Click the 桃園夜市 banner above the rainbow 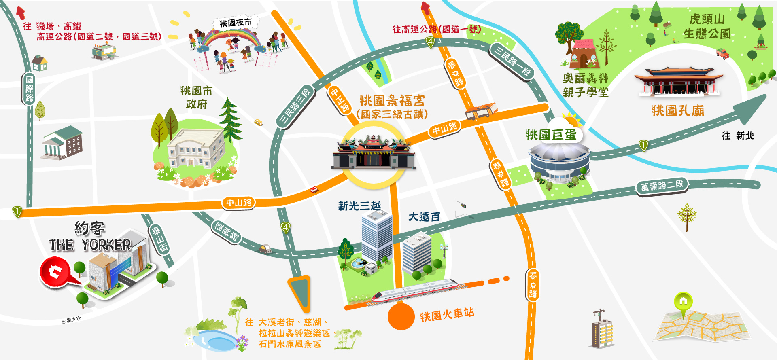pyautogui.click(x=236, y=22)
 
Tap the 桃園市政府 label pyautogui.click(x=196, y=97)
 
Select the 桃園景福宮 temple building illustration pyautogui.click(x=373, y=153)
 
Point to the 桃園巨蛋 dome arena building pyautogui.click(x=559, y=162)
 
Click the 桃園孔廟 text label pyautogui.click(x=678, y=110)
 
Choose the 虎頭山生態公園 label pyautogui.click(x=707, y=26)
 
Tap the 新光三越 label pyautogui.click(x=359, y=206)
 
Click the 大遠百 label pyautogui.click(x=424, y=217)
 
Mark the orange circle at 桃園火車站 pyautogui.click(x=401, y=316)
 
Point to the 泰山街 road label pyautogui.click(x=159, y=239)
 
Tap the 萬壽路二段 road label pyautogui.click(x=662, y=186)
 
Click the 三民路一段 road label pyautogui.click(x=512, y=61)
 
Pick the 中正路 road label pyautogui.click(x=340, y=100)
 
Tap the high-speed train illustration pyautogui.click(x=415, y=290)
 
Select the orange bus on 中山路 pyautogui.click(x=481, y=110)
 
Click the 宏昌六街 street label pyautogui.click(x=72, y=320)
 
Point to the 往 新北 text pyautogui.click(x=738, y=136)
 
